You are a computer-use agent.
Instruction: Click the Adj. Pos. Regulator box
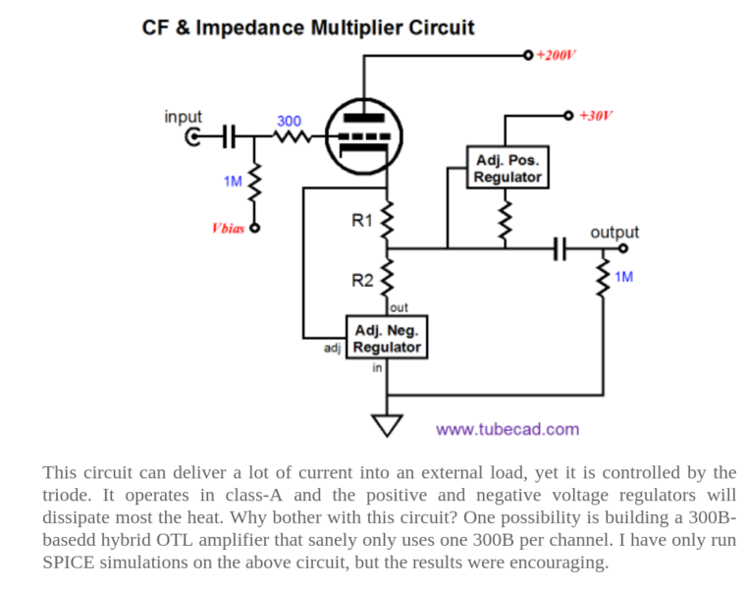[507, 168]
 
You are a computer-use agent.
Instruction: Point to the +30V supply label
[596, 116]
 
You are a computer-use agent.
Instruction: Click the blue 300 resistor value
[289, 121]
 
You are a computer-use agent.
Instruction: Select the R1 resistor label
[362, 220]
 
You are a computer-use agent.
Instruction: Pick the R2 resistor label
[362, 280]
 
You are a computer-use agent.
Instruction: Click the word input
[184, 116]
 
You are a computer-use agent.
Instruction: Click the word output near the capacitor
[614, 233]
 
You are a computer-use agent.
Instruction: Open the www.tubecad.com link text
[507, 429]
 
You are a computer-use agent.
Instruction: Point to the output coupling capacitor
[560, 248]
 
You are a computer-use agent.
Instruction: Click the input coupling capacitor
[227, 136]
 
